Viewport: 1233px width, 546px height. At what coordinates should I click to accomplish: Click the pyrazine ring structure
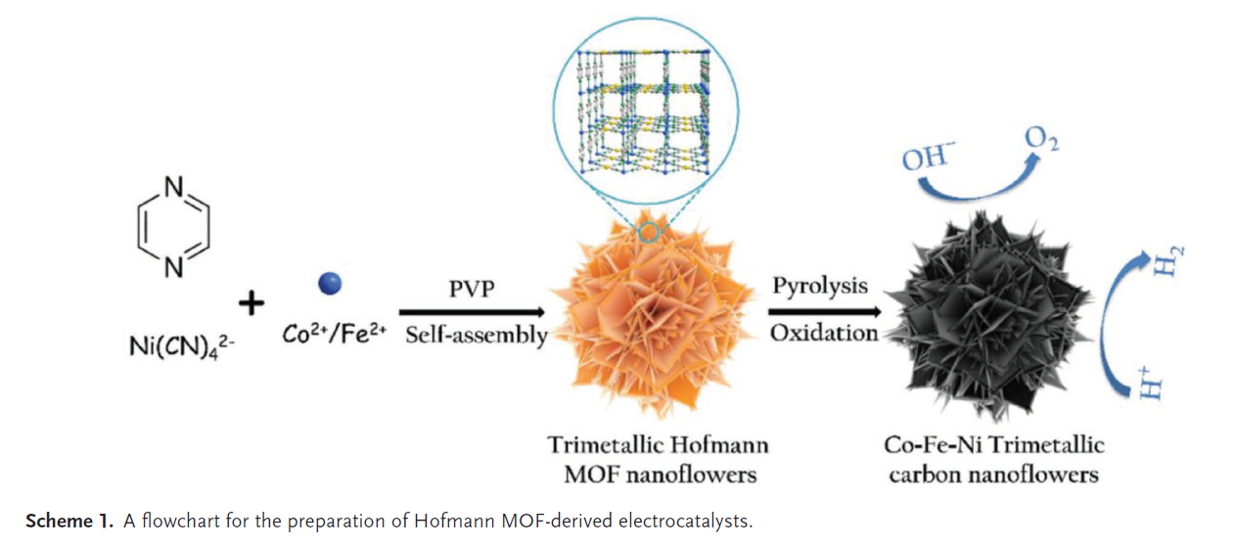138,228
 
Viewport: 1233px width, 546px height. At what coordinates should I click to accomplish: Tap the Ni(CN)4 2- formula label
182,347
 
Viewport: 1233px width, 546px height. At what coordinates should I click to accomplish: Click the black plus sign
251,303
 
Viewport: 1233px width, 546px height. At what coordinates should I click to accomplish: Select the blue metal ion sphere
330,284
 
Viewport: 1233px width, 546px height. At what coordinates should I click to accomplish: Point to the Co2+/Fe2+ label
334,334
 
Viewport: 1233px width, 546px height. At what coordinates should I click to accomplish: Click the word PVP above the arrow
472,289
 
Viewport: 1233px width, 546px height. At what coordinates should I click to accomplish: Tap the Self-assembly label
477,335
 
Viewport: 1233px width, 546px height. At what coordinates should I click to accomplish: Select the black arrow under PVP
472,312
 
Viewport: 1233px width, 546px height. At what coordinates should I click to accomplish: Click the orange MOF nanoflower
654,314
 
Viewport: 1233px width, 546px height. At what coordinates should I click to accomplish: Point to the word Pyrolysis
820,286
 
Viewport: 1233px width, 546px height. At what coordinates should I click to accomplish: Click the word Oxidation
824,333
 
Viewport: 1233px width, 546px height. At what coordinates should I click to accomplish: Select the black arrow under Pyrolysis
825,311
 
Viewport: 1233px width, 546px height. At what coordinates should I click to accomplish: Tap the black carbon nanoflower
988,316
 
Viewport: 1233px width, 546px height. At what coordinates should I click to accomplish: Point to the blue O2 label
1042,140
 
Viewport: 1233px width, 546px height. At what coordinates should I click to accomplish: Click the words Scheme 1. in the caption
69,521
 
